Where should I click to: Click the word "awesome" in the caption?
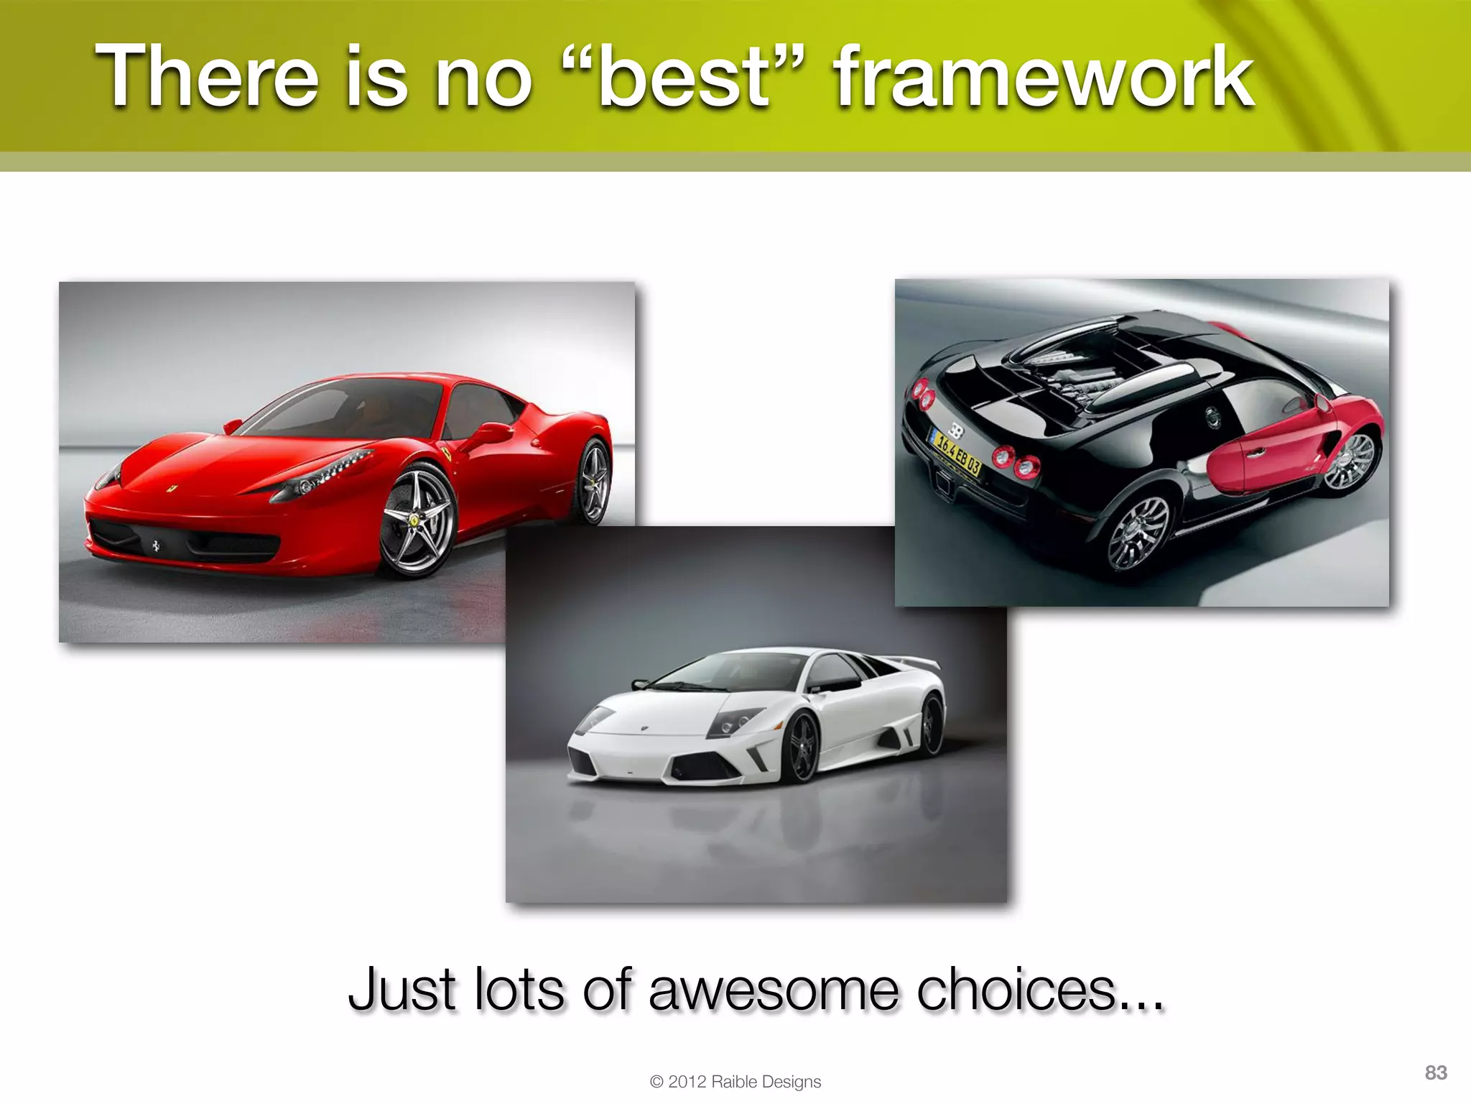773,990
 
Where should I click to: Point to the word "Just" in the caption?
402,990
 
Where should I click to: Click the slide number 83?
1436,1073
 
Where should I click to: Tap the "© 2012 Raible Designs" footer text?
735,1082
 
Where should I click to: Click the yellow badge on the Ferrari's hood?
172,489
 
